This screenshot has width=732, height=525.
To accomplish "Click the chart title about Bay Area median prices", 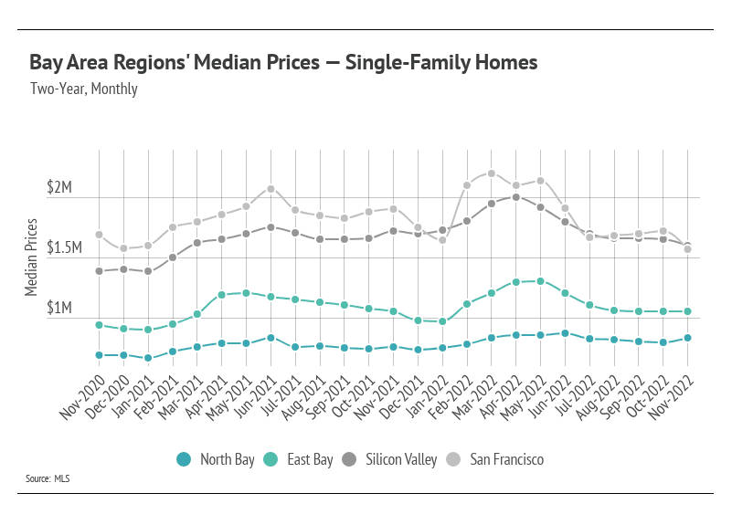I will [283, 63].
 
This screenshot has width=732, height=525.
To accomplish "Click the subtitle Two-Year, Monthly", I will [83, 89].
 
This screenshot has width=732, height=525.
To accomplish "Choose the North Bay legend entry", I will [216, 459].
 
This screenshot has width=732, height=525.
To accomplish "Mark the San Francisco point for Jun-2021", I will [271, 189].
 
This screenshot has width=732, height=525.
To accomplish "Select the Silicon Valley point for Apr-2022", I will [516, 196].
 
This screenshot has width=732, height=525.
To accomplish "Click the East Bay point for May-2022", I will [541, 281].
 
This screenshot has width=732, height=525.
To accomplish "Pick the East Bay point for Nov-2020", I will [99, 324].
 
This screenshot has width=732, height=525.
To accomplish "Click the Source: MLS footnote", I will [48, 478].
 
